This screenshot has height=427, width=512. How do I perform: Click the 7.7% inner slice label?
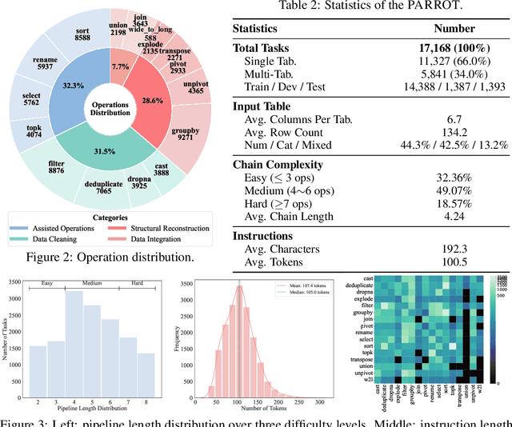[120, 66]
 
